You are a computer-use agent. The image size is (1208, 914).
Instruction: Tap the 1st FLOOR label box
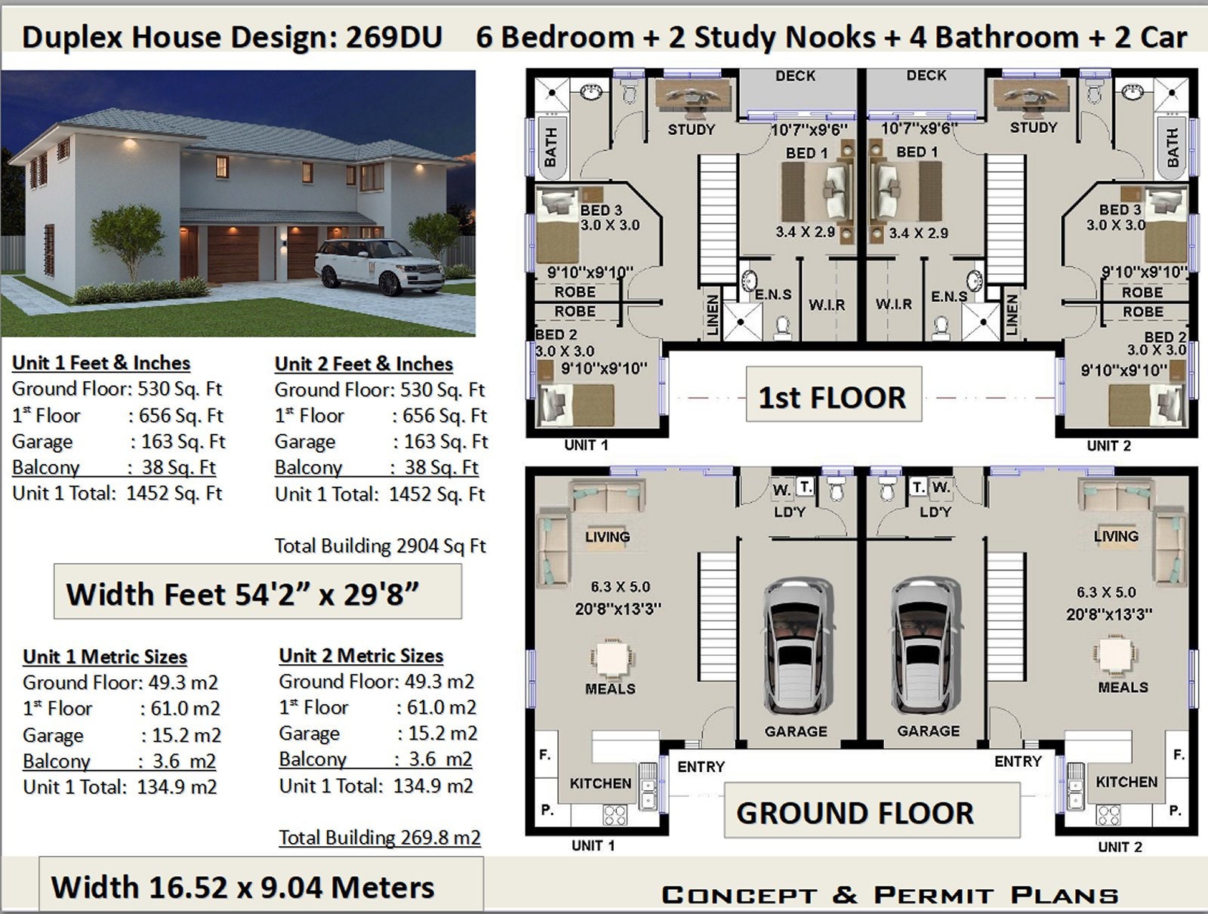tap(834, 394)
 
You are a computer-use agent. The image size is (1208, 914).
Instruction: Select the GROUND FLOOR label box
tap(872, 810)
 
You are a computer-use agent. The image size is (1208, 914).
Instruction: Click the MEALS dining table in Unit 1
tap(612, 657)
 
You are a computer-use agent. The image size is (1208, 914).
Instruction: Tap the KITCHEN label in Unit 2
tap(1126, 781)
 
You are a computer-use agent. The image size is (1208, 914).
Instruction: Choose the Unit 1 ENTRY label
tap(701, 767)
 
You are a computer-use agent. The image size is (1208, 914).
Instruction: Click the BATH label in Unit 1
tap(550, 146)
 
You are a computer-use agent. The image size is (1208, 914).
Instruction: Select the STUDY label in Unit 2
tap(1034, 128)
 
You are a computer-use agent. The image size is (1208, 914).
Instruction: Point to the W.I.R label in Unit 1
tap(827, 304)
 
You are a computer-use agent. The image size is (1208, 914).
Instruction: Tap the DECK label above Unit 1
tap(795, 76)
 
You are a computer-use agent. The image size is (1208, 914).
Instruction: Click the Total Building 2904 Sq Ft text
tap(381, 546)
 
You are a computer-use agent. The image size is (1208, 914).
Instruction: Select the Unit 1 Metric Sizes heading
tap(104, 657)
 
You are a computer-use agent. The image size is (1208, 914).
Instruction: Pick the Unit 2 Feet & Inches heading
tap(363, 364)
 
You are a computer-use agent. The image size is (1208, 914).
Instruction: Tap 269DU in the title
tap(393, 38)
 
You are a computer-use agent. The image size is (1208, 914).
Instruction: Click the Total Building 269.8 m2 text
tap(380, 838)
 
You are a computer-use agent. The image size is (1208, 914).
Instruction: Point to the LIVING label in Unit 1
tap(607, 537)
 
